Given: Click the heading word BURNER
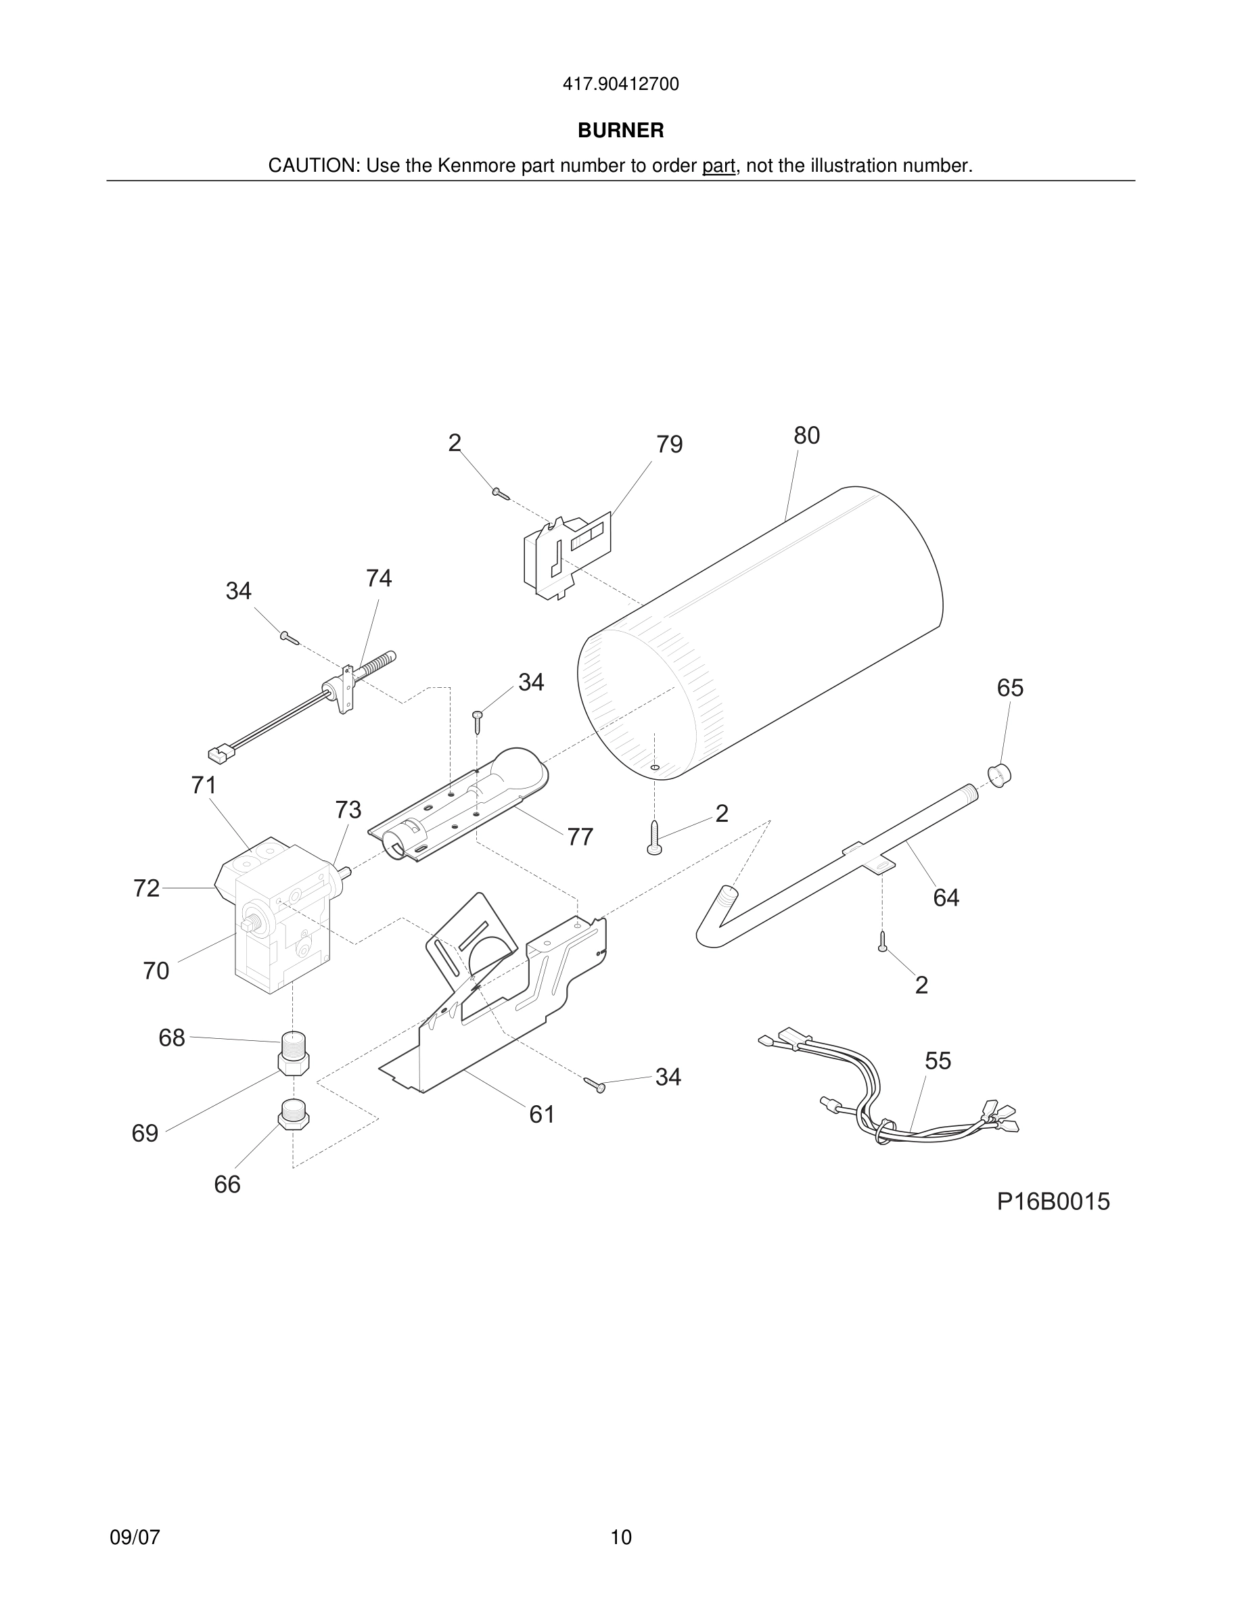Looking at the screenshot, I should [x=620, y=131].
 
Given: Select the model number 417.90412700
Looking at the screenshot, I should [x=620, y=85].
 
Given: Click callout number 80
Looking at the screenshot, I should [x=806, y=436].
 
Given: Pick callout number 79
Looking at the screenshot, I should [x=669, y=444].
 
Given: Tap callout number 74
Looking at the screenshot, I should [x=379, y=578].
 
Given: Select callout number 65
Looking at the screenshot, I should [x=1009, y=688].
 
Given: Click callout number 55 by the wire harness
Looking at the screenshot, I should [x=938, y=1061].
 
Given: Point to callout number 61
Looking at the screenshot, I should [x=542, y=1115].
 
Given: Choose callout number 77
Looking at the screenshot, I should [x=580, y=837].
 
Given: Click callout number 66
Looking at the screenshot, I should [x=227, y=1185].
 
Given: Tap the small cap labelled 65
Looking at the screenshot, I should [x=998, y=775].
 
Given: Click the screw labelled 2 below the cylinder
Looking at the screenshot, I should [x=654, y=839].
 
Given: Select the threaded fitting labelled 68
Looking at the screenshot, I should [x=293, y=1043].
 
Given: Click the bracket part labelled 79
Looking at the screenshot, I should [x=567, y=555].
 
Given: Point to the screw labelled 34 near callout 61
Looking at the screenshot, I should [x=595, y=1085].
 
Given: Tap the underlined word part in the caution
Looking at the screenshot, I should [x=718, y=166].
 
